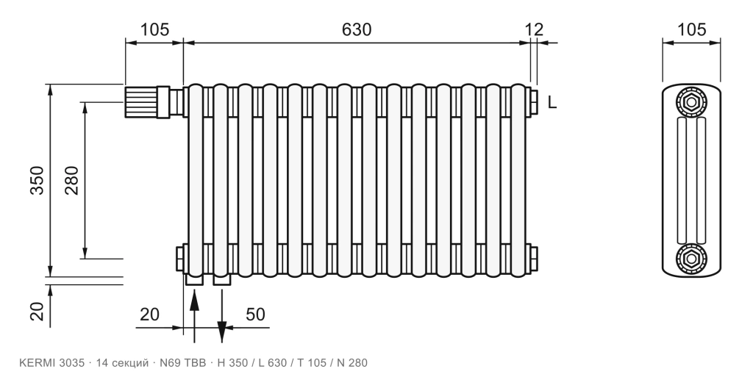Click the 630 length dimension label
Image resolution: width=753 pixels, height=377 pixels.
click(357, 29)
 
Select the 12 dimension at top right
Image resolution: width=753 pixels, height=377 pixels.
click(534, 29)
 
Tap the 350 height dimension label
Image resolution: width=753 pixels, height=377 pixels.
click(37, 180)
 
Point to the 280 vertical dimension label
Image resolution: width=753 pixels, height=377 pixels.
click(71, 180)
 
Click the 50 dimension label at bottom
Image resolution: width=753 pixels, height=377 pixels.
click(255, 315)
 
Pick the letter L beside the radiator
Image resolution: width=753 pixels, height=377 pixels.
click(552, 102)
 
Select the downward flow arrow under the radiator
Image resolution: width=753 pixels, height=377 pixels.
click(221, 315)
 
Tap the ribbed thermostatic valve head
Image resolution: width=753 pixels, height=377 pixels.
click(140, 101)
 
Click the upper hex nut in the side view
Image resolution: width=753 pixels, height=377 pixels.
click(691, 101)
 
